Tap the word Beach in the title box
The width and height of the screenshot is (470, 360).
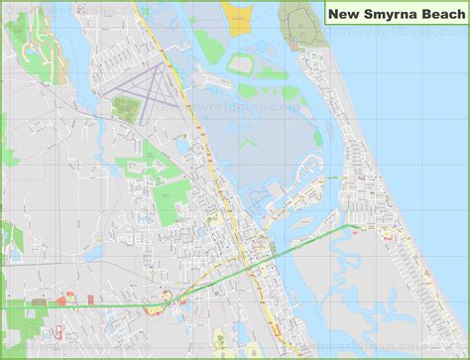pos(441,14)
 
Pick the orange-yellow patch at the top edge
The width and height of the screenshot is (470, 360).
pos(238,14)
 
